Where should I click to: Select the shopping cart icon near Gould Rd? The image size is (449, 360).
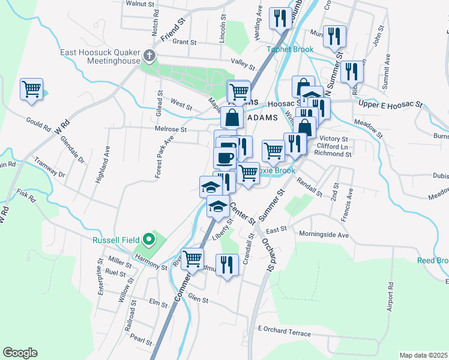point(31,89)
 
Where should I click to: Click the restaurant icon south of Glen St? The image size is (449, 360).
point(226,265)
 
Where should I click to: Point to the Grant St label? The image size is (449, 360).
point(184,43)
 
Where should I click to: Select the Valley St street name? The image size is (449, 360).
point(243,61)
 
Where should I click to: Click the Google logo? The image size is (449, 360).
point(20,353)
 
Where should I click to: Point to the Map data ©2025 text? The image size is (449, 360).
point(423,355)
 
